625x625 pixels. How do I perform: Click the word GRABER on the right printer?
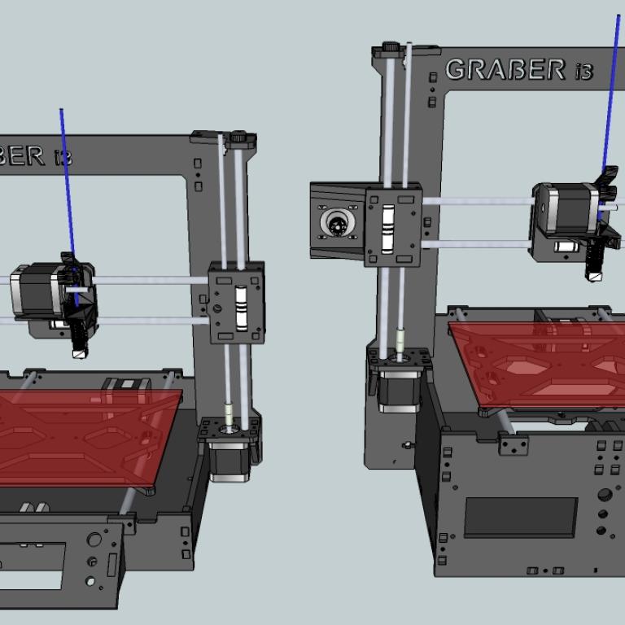coord(506,70)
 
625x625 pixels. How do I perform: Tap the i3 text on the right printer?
coord(584,72)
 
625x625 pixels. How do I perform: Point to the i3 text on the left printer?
coord(63,157)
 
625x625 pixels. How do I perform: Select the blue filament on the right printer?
coord(610,116)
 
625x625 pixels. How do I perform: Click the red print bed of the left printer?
coord(80,436)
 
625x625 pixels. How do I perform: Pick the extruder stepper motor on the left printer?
coord(38,291)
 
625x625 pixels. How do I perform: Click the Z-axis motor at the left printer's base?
coord(229,462)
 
